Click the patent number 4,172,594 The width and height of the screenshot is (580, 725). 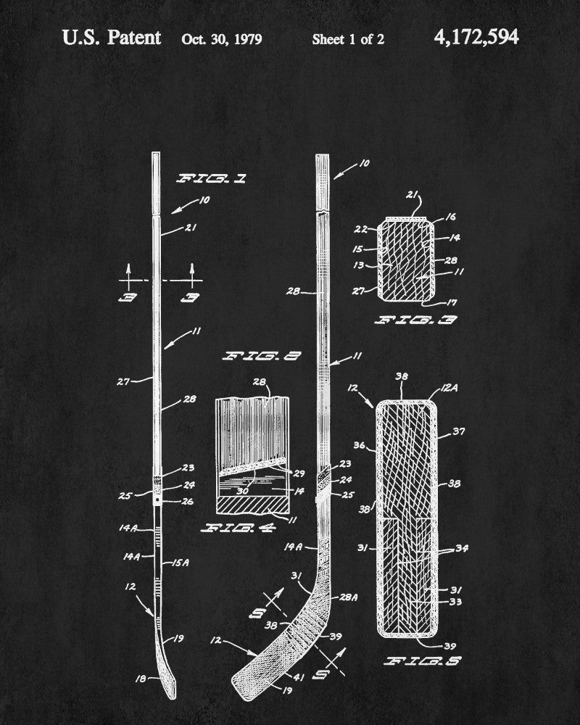[x=476, y=38]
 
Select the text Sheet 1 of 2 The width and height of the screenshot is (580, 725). [x=348, y=39]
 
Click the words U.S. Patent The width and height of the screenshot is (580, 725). [x=112, y=38]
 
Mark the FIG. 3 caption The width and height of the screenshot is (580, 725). [x=415, y=320]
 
